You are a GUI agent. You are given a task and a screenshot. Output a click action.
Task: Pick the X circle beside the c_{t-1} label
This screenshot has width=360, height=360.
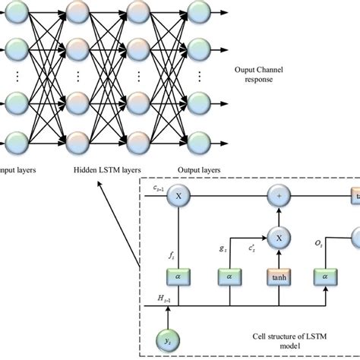179,196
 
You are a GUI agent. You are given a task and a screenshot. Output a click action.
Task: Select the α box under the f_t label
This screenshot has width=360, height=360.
179,279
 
